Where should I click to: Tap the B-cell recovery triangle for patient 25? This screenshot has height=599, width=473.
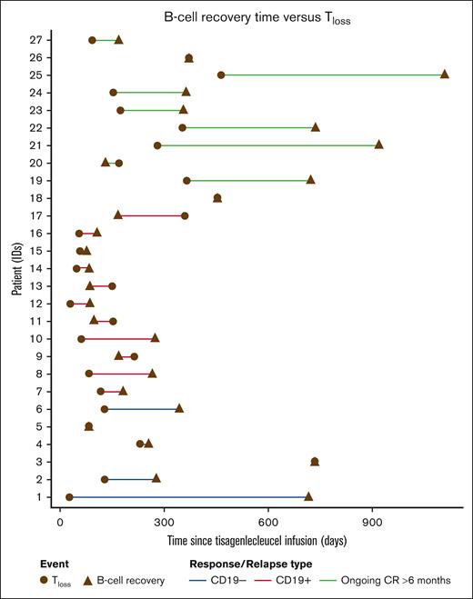click(x=445, y=75)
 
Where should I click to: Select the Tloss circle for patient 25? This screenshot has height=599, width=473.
click(x=221, y=75)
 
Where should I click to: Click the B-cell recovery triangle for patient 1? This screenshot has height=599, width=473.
click(x=308, y=496)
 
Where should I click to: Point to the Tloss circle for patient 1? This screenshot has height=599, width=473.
click(x=69, y=496)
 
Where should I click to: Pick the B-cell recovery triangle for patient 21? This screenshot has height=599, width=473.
click(x=378, y=145)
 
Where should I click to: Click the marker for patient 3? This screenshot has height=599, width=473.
click(x=315, y=461)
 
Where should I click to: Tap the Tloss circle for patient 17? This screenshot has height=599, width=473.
click(x=185, y=215)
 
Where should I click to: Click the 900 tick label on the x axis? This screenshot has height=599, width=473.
click(x=372, y=524)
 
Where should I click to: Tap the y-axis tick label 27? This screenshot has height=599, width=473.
click(x=34, y=40)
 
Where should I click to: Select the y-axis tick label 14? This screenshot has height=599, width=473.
click(x=34, y=268)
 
